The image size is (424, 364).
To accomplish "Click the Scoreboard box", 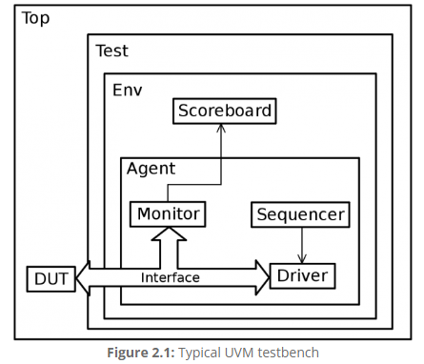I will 224,111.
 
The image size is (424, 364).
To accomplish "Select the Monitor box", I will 169,213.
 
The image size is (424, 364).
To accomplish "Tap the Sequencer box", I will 300,214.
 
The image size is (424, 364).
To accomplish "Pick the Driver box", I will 302,276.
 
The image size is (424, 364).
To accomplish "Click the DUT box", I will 47,278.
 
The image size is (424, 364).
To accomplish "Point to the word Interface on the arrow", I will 171,278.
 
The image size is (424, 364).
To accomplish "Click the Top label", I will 36,18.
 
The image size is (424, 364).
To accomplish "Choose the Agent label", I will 151,169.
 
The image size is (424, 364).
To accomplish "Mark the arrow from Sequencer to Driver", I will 302,243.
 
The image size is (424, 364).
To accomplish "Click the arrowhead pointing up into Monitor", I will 169,235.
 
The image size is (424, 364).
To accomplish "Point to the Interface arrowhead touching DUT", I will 80,277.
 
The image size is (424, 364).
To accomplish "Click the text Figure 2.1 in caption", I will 137,353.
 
